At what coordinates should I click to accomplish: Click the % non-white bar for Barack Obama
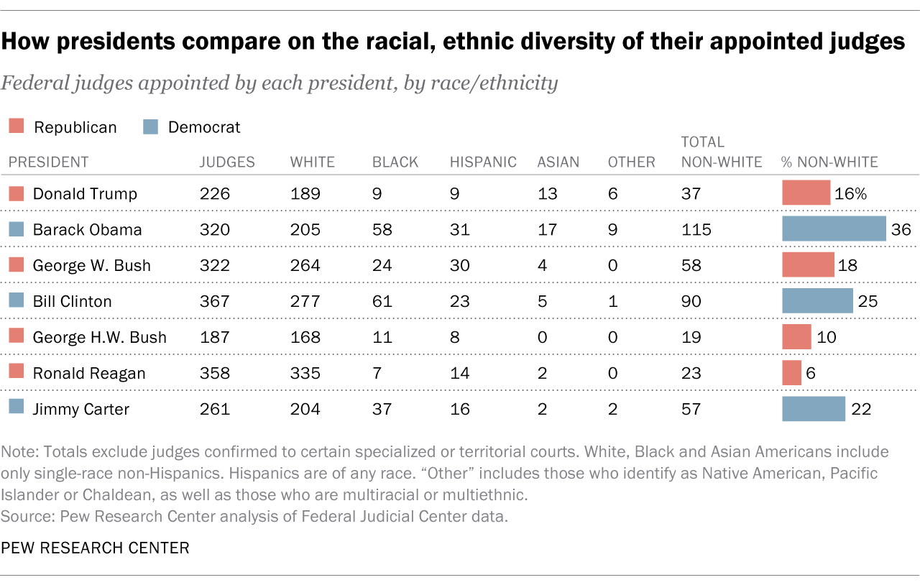coord(834,229)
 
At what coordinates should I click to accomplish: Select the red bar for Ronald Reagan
coord(791,373)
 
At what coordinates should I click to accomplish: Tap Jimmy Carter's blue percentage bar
coord(814,409)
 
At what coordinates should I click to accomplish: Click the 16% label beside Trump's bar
coord(851,193)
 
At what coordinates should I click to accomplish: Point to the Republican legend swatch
coord(17,127)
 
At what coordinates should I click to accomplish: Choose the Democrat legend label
coord(204,127)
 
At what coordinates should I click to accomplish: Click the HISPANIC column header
coord(483,162)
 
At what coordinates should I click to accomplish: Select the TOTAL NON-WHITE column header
coord(721,152)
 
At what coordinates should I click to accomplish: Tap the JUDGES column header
coord(227,162)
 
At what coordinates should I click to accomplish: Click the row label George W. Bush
coord(91,265)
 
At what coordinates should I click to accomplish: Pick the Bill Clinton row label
coord(72,301)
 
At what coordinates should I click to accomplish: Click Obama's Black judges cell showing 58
coord(382,229)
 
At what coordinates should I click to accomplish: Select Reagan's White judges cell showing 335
coord(305,373)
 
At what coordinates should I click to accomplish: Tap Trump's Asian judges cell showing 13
coord(546,193)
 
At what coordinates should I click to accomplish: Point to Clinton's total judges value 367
coord(214,301)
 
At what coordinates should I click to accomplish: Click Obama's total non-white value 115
coord(696,229)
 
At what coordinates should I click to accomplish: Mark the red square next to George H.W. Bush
coord(17,337)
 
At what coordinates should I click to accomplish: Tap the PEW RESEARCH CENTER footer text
coord(95,548)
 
